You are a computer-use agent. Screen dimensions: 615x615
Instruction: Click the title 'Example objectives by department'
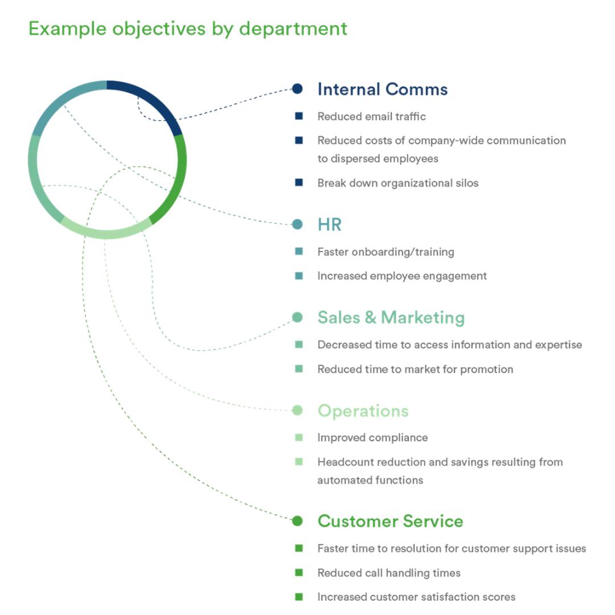[188, 28]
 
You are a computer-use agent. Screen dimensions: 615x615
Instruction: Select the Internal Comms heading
[382, 89]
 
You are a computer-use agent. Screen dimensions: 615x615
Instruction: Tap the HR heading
[329, 224]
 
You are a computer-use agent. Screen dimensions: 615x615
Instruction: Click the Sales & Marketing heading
[391, 317]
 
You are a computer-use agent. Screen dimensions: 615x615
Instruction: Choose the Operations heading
[363, 411]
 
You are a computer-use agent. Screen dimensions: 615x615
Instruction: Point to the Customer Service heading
[390, 521]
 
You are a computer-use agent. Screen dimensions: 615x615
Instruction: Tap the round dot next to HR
[297, 224]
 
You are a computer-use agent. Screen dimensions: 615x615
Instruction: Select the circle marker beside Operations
[297, 410]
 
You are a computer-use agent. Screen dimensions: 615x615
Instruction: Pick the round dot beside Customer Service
[297, 520]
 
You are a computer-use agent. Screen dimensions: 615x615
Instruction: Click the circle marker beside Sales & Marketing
[297, 317]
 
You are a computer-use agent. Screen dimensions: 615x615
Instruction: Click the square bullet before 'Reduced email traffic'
[299, 116]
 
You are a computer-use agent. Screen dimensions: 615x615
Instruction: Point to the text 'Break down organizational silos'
[397, 183]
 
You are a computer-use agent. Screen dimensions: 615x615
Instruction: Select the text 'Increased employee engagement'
[401, 276]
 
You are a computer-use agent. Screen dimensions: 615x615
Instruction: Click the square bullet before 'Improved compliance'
[299, 437]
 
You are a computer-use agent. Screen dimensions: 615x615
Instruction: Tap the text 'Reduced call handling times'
[388, 572]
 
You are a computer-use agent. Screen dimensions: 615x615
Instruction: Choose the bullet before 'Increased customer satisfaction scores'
[299, 597]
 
